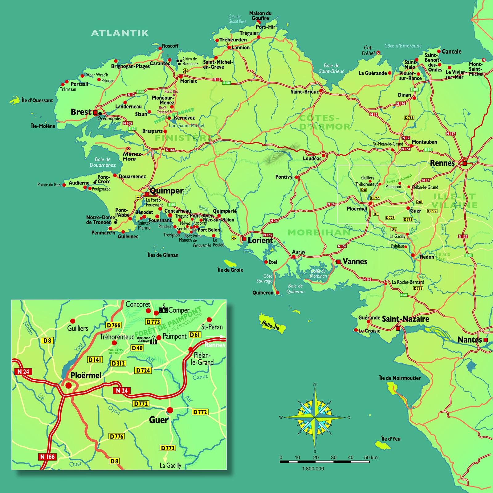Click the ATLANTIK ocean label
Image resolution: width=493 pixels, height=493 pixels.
pyautogui.click(x=120, y=33)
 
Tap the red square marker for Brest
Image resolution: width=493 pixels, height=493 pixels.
pyautogui.click(x=96, y=112)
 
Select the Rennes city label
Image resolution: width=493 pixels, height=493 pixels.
pyautogui.click(x=442, y=163)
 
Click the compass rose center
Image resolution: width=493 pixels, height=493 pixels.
pyautogui.click(x=315, y=418)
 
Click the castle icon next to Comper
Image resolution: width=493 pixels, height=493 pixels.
pyautogui.click(x=163, y=309)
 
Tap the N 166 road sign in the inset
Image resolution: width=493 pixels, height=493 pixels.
pyautogui.click(x=47, y=456)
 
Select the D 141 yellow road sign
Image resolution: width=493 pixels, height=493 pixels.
pyautogui.click(x=95, y=360)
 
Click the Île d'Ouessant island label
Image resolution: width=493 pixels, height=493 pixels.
pyautogui.click(x=37, y=100)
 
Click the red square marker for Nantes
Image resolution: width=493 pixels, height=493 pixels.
pyautogui.click(x=486, y=340)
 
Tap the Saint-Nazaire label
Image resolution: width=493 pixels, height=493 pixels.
pyautogui.click(x=405, y=319)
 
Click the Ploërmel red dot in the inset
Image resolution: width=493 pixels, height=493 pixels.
pyautogui.click(x=68, y=385)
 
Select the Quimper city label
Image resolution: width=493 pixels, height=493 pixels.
pyautogui.click(x=166, y=191)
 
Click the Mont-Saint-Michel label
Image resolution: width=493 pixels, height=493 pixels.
pyautogui.click(x=476, y=69)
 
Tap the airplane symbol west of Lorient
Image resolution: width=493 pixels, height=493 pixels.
pyautogui.click(x=234, y=238)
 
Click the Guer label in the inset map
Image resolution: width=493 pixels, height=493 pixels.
pyautogui.click(x=159, y=420)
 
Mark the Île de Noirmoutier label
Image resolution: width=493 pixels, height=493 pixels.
pyautogui.click(x=400, y=378)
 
